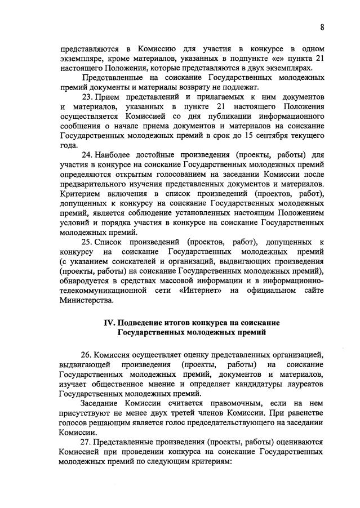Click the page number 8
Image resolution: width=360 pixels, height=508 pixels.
322,26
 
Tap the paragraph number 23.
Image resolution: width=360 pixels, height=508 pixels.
87,97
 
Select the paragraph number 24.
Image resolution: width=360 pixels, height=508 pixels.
87,154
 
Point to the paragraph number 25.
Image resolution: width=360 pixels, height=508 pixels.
87,242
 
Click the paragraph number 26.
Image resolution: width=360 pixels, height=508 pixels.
87,354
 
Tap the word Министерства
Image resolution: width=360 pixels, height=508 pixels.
86,300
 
